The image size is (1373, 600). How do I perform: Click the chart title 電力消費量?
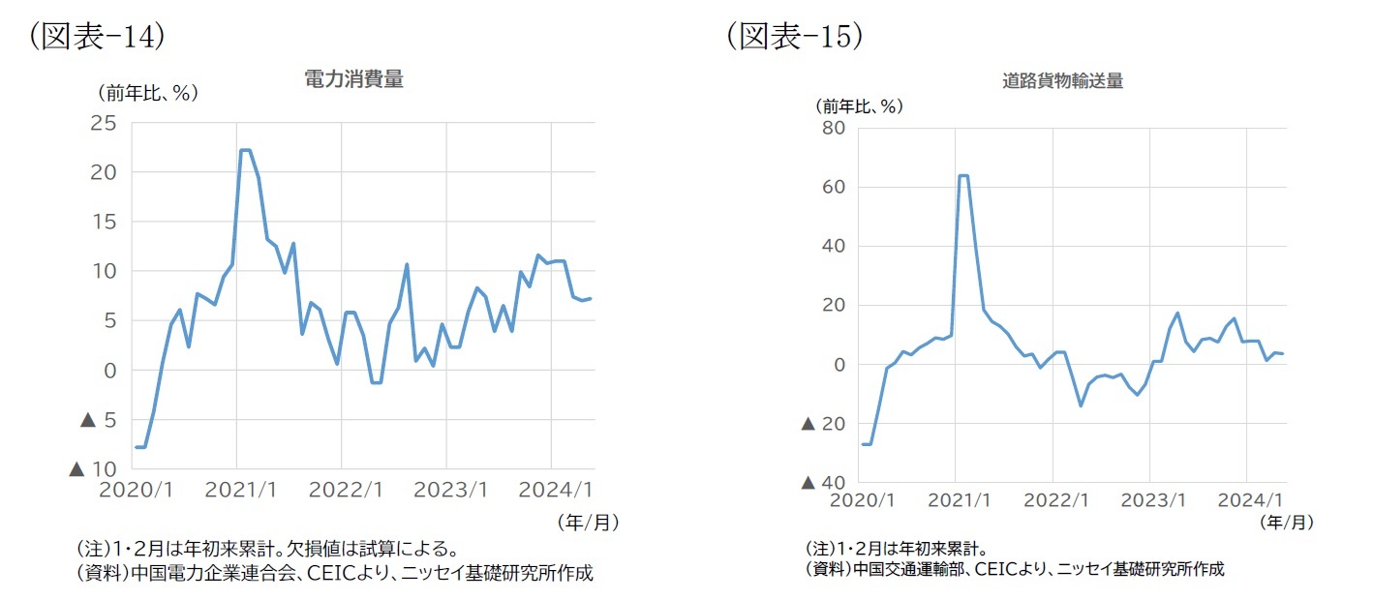(353, 80)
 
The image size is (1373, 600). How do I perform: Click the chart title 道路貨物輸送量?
(1062, 81)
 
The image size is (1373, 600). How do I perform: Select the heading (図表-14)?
(96, 36)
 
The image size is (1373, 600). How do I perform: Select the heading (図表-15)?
(794, 36)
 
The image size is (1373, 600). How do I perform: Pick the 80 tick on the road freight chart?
(834, 128)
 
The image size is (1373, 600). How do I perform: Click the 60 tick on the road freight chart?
(834, 187)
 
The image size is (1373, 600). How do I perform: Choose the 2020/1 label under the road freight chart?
(861, 500)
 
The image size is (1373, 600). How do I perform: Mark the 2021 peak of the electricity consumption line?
(245, 150)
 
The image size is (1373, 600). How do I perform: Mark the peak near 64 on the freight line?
(962, 175)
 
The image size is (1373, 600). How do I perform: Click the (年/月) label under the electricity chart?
(588, 522)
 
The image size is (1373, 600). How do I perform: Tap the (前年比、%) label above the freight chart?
(859, 105)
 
